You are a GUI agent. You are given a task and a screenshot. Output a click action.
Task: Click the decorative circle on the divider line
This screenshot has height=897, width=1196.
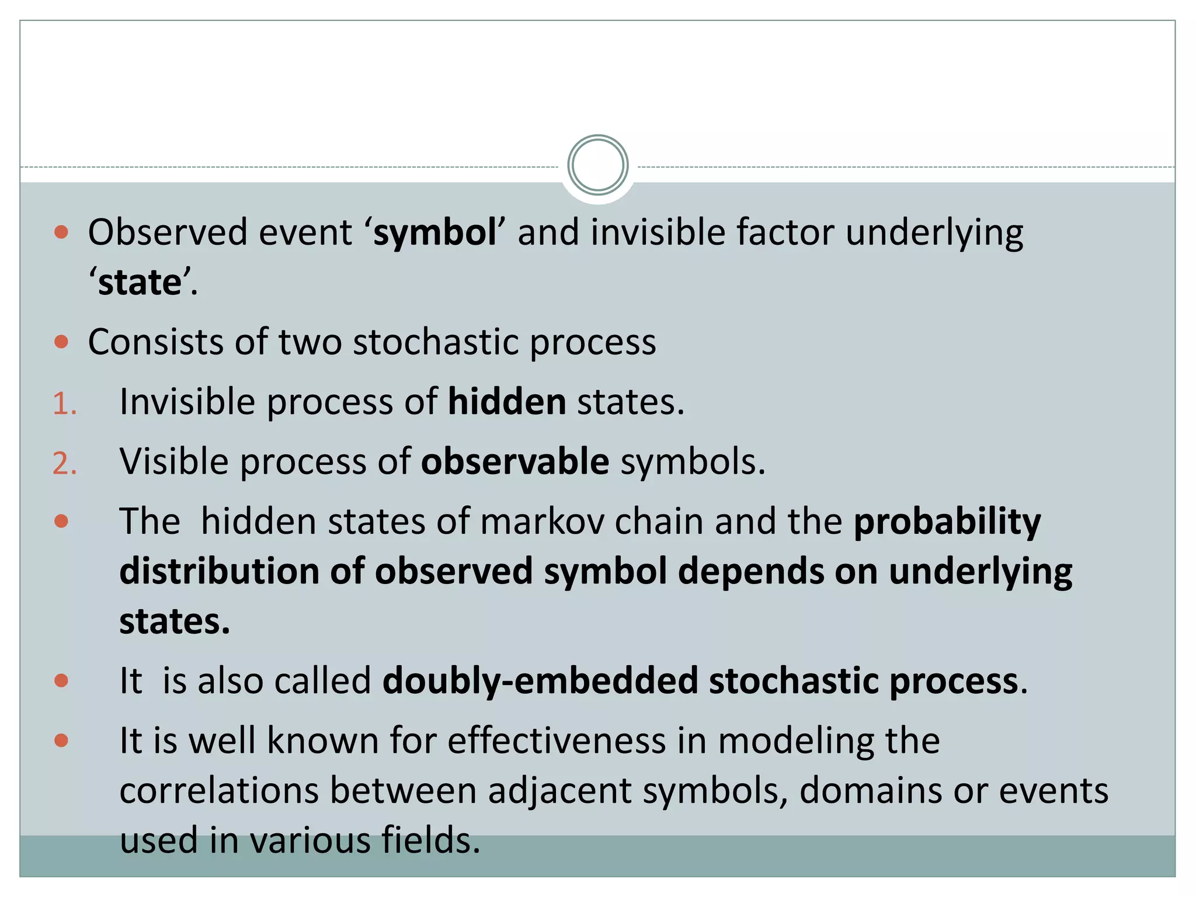[x=597, y=165]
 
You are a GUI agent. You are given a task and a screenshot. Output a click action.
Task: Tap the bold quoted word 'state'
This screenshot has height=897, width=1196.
[x=140, y=283]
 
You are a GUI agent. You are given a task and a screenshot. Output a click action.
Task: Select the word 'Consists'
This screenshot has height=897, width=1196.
[x=155, y=342]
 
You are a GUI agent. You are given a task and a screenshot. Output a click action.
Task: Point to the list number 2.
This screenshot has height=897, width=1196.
[x=64, y=464]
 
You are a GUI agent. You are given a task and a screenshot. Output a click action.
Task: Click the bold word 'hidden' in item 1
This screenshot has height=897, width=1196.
[x=507, y=402]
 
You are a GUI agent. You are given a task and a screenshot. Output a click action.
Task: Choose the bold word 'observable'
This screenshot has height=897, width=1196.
[x=515, y=462]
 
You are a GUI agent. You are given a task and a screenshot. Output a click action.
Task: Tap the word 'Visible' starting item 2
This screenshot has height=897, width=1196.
[x=173, y=462]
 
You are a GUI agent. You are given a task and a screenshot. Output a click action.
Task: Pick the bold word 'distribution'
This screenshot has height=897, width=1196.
[x=218, y=571]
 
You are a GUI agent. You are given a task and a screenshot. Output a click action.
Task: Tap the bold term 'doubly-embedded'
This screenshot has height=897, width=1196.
[x=540, y=682]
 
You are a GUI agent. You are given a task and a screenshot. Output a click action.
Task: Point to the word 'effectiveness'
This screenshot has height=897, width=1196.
[x=557, y=741]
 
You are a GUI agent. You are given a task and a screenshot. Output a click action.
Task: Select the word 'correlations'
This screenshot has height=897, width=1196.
[x=218, y=791]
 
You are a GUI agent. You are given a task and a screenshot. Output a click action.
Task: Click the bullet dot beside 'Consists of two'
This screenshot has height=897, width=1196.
[x=61, y=342]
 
